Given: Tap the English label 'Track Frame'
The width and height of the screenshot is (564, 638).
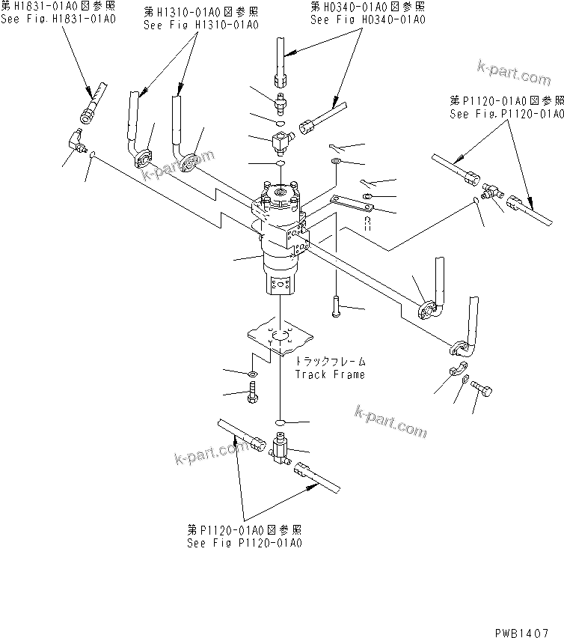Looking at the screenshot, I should coord(330,374).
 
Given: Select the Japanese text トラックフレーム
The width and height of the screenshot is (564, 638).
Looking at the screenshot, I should coord(329,361).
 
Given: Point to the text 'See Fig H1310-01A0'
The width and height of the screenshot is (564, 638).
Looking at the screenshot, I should coord(201,24).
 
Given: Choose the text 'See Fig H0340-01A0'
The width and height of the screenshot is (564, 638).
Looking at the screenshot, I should coord(367,18).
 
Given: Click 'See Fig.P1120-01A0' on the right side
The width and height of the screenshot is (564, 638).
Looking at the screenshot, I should coord(506,113).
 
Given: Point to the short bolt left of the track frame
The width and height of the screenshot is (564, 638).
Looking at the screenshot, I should coord(251,392).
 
